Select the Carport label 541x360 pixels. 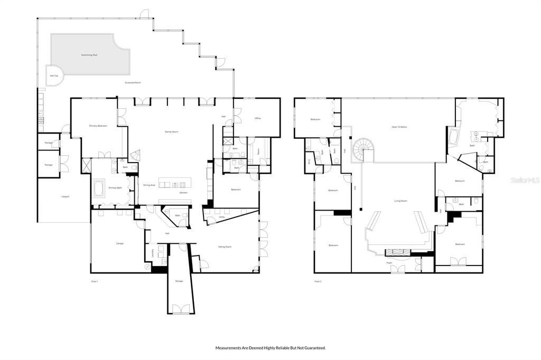(x=66, y=197)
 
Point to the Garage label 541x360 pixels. (x=120, y=243)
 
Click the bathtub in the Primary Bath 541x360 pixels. (x=99, y=188)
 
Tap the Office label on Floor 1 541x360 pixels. (x=258, y=118)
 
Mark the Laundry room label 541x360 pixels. (x=153, y=253)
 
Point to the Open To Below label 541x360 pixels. (x=399, y=127)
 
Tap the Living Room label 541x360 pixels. (x=400, y=201)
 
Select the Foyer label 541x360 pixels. (x=389, y=262)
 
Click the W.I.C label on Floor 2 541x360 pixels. (x=309, y=162)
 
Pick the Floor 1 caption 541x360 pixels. (x=95, y=281)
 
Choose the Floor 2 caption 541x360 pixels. (x=318, y=281)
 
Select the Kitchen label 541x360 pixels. (x=183, y=193)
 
